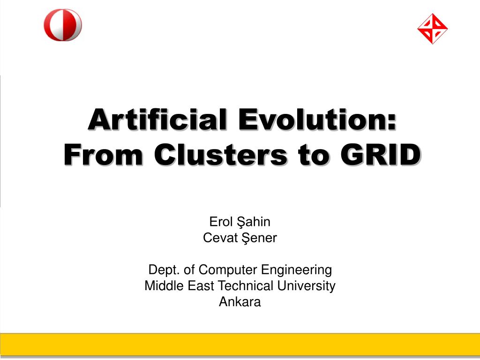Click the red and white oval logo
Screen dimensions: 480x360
tap(63, 25)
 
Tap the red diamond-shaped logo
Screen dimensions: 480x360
tap(432, 29)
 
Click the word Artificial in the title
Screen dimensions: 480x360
tap(157, 120)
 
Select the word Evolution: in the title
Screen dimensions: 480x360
tap(317, 120)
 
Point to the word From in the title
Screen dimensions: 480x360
tap(103, 155)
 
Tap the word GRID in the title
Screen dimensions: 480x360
tap(381, 155)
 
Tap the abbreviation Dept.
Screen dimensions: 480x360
tap(164, 270)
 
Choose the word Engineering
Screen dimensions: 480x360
tap(296, 270)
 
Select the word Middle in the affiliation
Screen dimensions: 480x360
tap(164, 285)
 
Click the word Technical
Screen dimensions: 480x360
tap(246, 285)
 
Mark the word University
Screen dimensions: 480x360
tap(306, 286)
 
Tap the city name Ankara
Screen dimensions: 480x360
tap(240, 302)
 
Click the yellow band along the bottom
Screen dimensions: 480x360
tap(240, 345)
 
